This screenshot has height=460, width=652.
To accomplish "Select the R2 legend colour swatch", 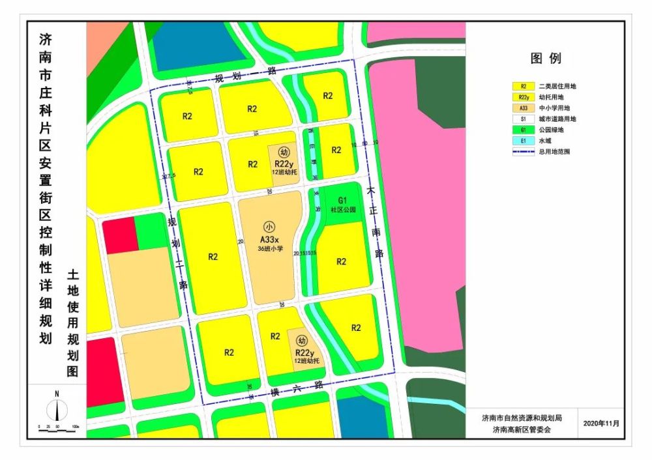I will pos(524,86).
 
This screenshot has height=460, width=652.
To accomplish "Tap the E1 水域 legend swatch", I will pos(524,140).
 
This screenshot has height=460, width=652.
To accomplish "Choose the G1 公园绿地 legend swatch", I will pos(524,130).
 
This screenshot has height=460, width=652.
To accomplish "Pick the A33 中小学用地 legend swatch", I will pos(524,108).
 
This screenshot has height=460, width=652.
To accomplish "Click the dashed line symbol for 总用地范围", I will pos(524,151).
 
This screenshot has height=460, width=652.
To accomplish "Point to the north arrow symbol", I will pos(57,407).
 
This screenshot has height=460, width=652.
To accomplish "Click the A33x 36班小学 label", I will pos(269,244).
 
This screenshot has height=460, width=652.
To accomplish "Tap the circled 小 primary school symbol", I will pos(269,227).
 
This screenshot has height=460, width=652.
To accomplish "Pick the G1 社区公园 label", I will pos(342,205).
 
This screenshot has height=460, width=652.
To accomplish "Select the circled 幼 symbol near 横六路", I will pos(301,340).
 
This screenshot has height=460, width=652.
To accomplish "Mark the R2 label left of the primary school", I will pos(213,257).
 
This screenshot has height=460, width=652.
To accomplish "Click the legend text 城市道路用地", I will pos(557,119).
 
